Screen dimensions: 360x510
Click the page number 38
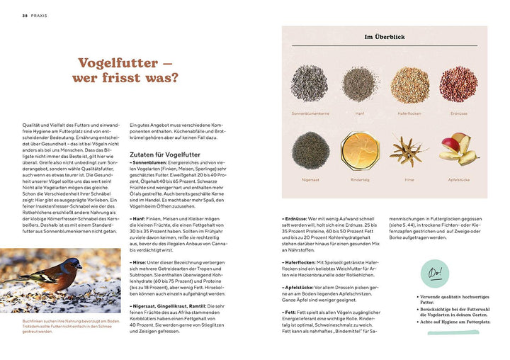[x=24, y=15]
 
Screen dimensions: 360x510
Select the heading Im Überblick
[x=384, y=37]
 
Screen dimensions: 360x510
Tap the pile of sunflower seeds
[x=309, y=84]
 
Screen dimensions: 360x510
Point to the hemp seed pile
[x=359, y=83]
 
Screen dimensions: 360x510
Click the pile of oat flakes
[x=409, y=84]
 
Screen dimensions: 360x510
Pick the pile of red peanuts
[x=458, y=84]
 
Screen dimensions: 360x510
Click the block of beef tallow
[x=359, y=149]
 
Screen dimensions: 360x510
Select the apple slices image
[x=458, y=149]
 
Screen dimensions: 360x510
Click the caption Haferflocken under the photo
[x=409, y=113]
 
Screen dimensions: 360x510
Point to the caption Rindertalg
[x=359, y=180]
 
